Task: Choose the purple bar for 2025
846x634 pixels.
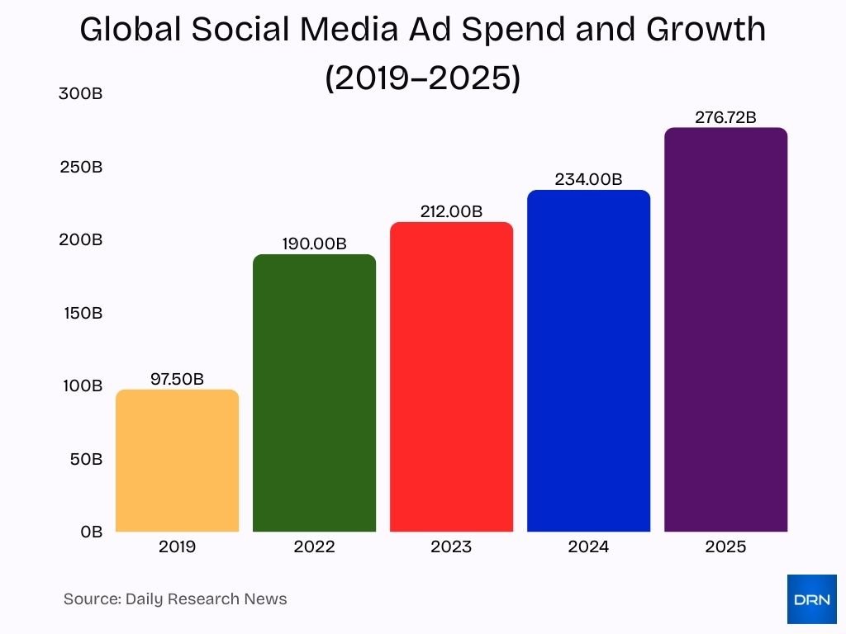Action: (725, 329)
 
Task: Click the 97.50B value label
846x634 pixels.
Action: (177, 379)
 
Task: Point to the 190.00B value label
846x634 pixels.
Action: (314, 244)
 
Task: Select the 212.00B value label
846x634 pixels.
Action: (451, 211)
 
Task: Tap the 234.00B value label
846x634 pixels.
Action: (588, 179)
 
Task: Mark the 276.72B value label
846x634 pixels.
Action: (725, 117)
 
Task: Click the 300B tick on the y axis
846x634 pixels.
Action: (80, 94)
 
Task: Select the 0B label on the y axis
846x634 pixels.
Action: (91, 532)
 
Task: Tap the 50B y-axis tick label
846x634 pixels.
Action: (86, 459)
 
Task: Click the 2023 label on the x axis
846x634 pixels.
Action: (451, 547)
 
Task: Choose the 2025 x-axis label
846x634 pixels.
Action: (725, 547)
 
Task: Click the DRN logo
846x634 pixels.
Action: (811, 599)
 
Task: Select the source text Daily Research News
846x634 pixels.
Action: (206, 599)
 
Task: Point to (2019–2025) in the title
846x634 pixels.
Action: (422, 78)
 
